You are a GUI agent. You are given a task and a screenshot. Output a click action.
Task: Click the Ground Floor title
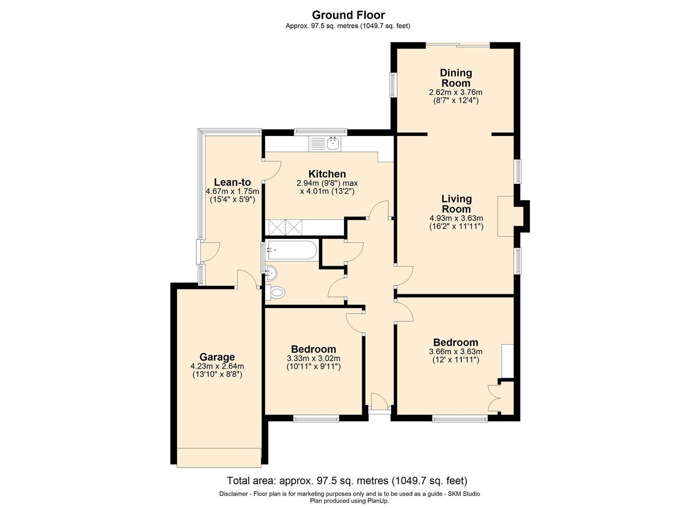point(348,15)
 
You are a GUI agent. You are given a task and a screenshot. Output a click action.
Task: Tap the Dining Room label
point(456,78)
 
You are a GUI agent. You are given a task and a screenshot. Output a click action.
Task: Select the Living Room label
point(456,204)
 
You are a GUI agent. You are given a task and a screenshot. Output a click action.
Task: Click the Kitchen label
point(327,174)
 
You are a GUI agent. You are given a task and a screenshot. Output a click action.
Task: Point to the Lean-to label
point(232,182)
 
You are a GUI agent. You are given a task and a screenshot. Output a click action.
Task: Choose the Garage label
point(217,357)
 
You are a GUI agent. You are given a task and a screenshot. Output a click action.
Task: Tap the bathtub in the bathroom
point(291,250)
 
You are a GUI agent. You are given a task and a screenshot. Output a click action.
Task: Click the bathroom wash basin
point(271,272)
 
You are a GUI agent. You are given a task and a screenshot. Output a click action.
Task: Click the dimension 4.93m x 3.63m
point(456,218)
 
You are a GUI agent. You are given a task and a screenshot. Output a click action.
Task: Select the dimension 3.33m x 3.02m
point(313,358)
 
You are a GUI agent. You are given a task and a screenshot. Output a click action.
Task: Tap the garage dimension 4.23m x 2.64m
point(217,366)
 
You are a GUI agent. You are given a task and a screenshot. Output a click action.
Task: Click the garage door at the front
point(219,457)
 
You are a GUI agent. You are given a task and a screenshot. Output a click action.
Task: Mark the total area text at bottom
point(347,481)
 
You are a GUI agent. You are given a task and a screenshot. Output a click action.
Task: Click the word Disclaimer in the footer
point(235,494)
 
